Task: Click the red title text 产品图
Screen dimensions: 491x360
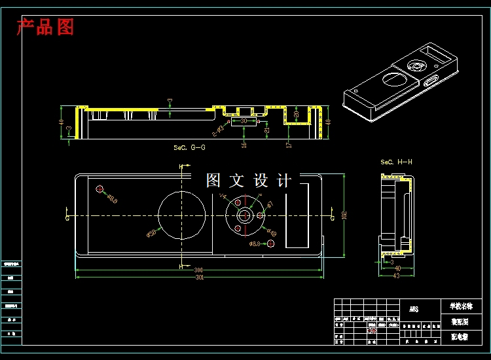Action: coord(45,27)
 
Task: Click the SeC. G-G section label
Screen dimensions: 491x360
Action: coord(189,148)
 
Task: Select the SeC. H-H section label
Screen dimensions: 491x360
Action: coord(396,162)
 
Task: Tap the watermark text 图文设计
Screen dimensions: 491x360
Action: coord(249,181)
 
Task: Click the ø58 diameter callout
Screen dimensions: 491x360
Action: coord(151,232)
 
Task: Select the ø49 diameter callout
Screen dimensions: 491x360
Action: coord(271,232)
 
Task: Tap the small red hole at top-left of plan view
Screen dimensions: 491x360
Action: coord(100,190)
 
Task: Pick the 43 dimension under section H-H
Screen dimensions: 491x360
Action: coord(395,276)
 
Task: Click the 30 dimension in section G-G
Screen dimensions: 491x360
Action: coord(245,121)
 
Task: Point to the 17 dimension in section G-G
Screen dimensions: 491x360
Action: coord(288,143)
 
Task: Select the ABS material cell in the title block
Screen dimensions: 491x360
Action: coord(414,309)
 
